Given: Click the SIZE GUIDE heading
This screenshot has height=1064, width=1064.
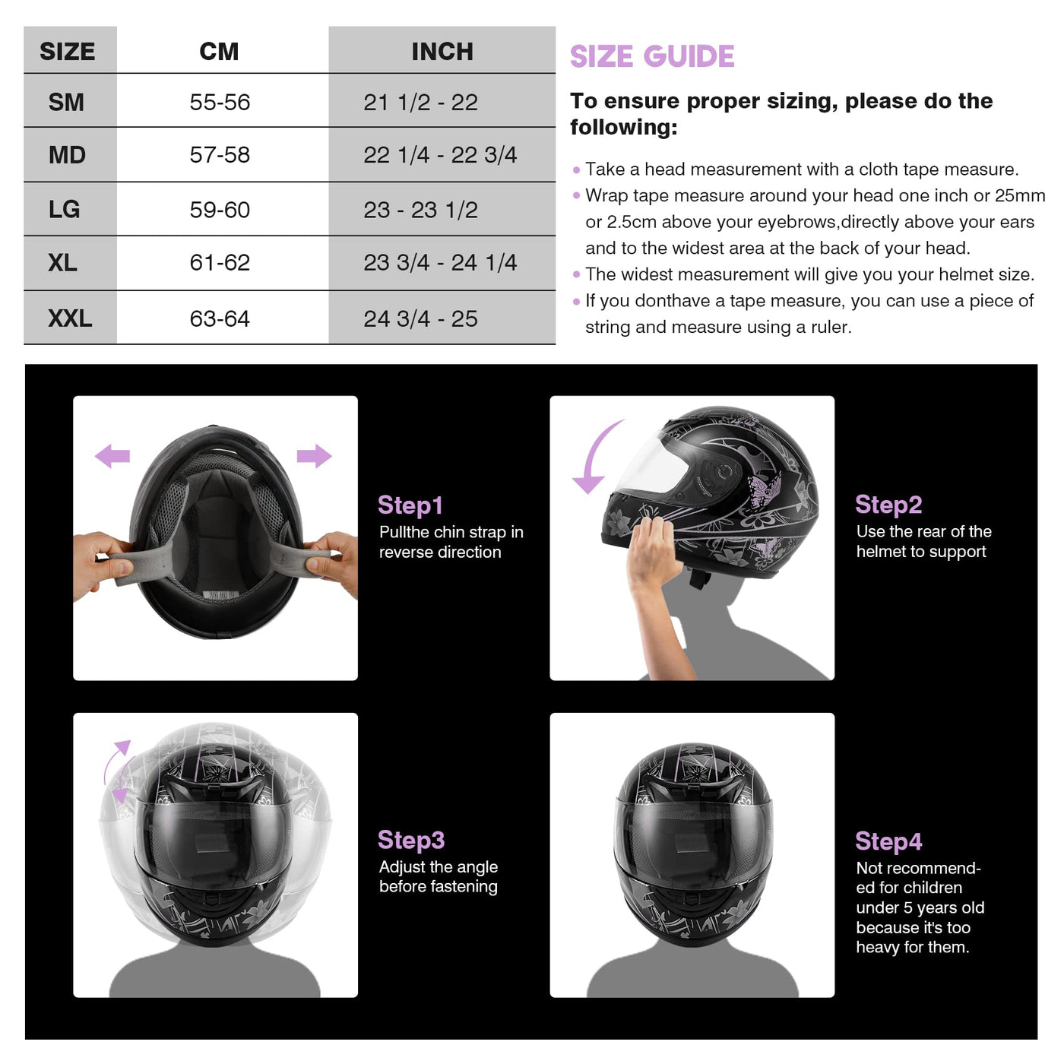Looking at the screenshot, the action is (651, 56).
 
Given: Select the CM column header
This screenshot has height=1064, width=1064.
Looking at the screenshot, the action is (219, 52).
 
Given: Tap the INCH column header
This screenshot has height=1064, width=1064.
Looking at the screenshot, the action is (442, 52).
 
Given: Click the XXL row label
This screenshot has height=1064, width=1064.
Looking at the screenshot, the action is (70, 318).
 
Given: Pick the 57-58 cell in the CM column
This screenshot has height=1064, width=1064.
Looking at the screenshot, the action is (220, 154).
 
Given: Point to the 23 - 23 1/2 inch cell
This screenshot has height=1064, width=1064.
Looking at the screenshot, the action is (420, 210).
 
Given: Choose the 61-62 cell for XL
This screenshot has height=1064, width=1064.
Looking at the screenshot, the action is (220, 262).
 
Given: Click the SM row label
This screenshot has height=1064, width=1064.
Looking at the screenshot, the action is (66, 102).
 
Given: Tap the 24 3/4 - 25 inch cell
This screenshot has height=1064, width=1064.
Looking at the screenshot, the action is (420, 318).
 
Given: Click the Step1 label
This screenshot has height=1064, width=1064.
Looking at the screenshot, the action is (410, 505).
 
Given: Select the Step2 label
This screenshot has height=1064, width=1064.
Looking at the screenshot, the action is (888, 504).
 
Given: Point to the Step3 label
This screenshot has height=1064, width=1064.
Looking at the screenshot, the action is (411, 840).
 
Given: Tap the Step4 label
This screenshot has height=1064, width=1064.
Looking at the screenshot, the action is (888, 841).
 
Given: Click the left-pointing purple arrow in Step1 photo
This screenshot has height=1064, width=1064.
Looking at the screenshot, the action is (112, 456).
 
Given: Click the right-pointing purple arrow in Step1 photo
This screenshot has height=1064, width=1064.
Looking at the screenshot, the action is (314, 456).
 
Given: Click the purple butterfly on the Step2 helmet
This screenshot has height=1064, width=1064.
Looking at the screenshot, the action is (765, 489).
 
